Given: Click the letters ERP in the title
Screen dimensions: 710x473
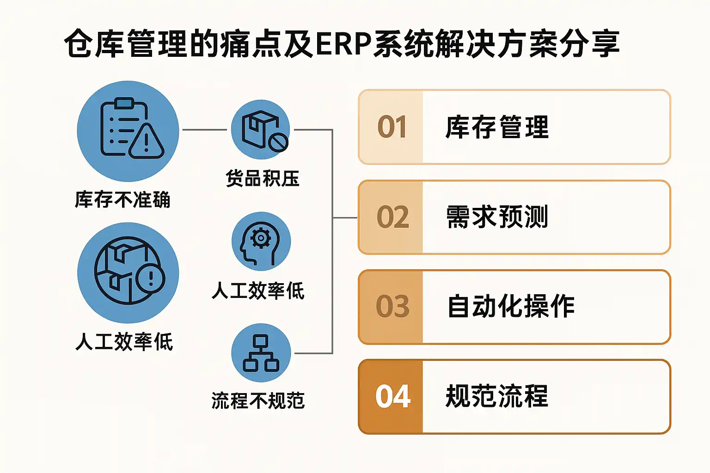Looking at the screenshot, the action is point(343,44).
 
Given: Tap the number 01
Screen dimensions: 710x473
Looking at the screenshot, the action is point(392,127).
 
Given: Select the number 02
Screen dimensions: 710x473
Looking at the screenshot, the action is point(393,217).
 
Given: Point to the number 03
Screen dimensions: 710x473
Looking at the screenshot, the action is point(393,306).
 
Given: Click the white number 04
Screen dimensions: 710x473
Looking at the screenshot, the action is point(393,396).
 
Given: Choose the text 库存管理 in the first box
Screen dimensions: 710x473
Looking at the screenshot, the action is point(497,127).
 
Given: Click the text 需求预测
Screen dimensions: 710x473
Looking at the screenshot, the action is point(497,217).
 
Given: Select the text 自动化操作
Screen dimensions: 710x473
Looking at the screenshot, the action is point(511,306).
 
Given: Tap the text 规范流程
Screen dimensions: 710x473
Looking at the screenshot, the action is point(497,396).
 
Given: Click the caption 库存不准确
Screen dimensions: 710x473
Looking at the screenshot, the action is point(122,200).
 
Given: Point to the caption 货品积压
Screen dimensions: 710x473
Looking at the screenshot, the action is point(263,178).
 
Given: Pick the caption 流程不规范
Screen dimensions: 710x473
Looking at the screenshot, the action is point(258,401).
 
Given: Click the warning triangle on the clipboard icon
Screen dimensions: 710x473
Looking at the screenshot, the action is point(147,141).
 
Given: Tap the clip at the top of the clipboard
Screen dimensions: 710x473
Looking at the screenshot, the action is point(124,103).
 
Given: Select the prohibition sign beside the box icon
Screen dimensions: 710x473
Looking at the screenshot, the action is point(278,142).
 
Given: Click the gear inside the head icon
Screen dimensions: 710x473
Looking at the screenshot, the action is point(261,238).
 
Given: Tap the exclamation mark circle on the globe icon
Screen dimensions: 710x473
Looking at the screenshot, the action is point(150,279).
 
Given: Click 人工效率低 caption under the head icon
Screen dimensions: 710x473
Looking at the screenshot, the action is point(258,291).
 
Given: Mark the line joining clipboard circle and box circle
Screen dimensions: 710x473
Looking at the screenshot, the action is point(205,130).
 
